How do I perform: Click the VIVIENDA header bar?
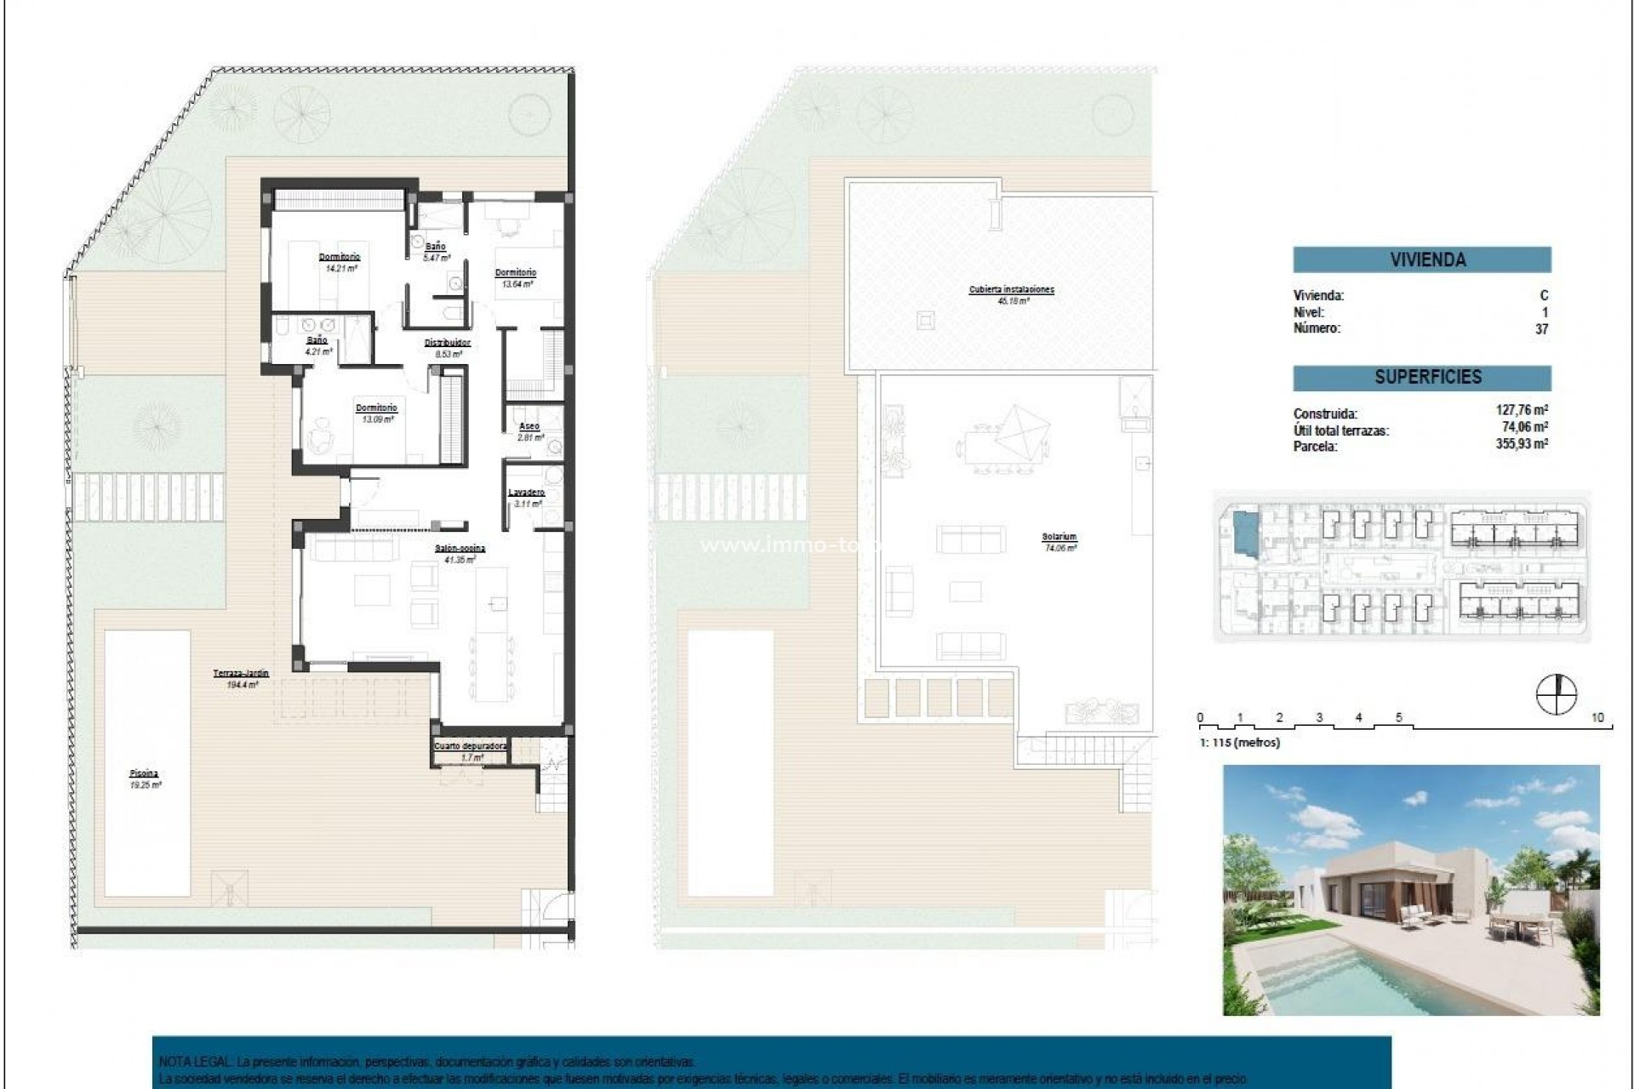click(1421, 259)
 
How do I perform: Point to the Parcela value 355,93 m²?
click(1522, 445)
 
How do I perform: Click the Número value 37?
click(1541, 329)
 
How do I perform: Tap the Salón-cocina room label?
click(460, 549)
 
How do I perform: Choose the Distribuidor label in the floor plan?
click(448, 343)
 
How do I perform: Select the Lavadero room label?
click(527, 493)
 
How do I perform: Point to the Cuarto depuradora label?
click(471, 746)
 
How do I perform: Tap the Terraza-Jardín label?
click(241, 673)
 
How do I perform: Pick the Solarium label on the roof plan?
click(1059, 538)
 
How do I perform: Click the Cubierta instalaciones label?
click(1011, 290)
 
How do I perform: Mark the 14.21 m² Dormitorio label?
click(340, 257)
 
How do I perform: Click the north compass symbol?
click(1556, 693)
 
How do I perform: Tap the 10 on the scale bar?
click(1597, 718)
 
